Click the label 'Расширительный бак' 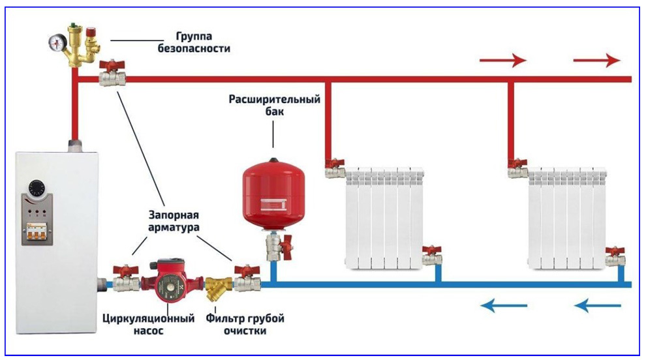pos(274,106)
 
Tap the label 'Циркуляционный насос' pos(149,324)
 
